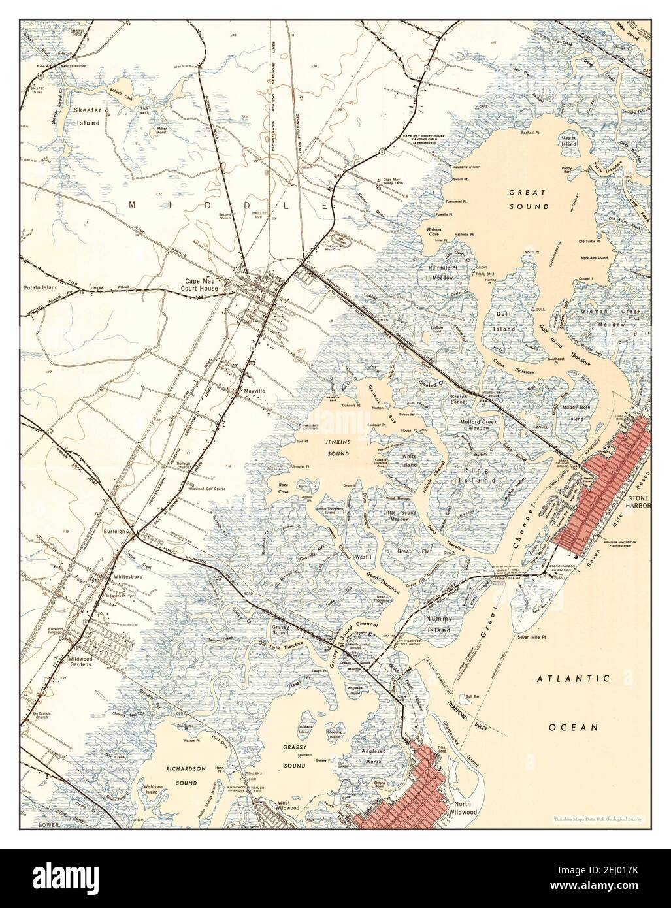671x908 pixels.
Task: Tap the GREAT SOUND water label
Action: (x=529, y=200)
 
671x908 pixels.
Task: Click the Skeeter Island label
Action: (x=86, y=116)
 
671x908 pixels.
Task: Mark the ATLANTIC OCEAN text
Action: (x=574, y=702)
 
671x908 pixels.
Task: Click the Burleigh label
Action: (x=115, y=532)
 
